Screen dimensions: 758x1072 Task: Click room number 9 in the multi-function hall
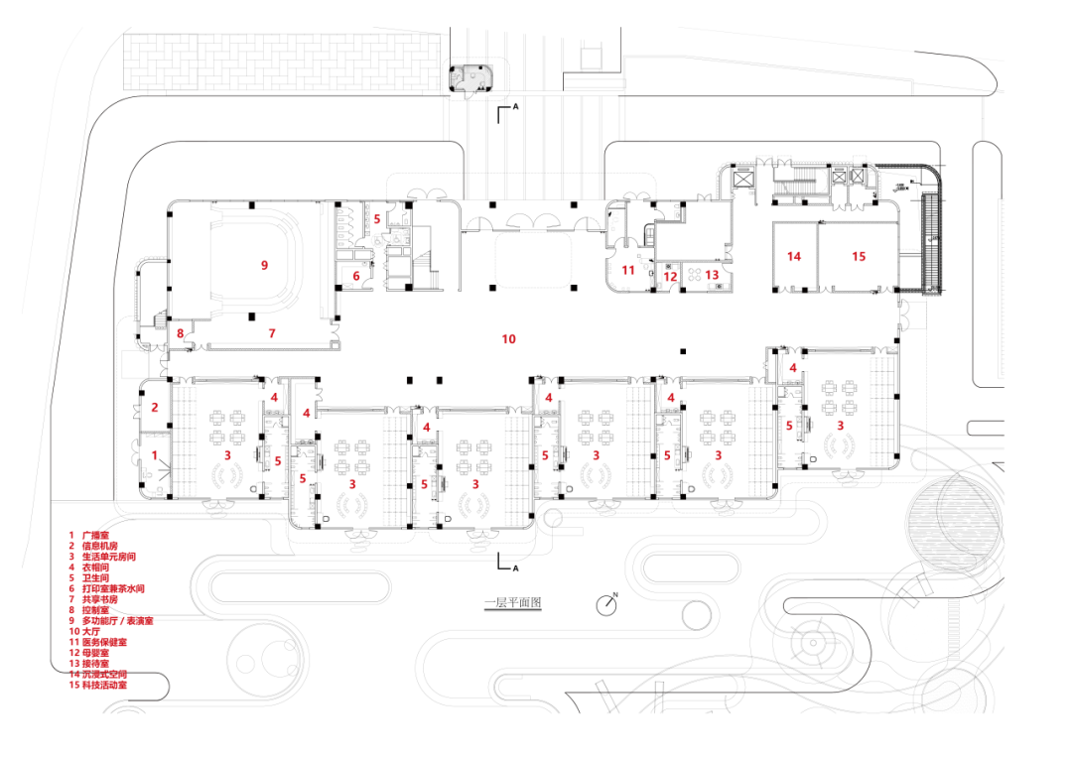264,265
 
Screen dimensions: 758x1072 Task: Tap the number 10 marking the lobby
508,339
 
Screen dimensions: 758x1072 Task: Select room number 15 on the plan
859,256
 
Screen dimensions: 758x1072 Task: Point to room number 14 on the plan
793,256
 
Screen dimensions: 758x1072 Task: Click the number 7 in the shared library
271,333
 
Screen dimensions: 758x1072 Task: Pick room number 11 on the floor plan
628,270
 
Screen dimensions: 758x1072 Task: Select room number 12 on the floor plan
670,278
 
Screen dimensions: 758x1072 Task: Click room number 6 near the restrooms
355,276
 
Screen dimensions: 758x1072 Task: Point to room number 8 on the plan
180,334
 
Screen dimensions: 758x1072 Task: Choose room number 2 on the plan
154,407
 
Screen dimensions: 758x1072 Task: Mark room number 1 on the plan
154,453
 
